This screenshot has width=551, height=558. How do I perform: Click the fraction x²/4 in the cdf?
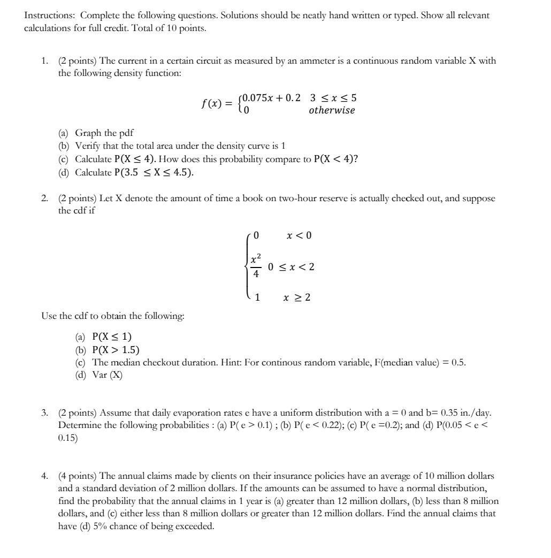(x=256, y=266)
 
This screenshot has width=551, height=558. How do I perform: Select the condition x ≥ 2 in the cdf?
(x=297, y=297)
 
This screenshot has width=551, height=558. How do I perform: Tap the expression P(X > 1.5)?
(x=116, y=350)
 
